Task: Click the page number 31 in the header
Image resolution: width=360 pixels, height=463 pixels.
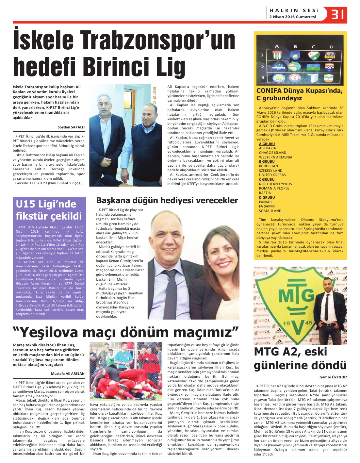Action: coord(338,14)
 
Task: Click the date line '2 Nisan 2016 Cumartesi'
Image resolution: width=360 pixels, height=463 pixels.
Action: coord(292,17)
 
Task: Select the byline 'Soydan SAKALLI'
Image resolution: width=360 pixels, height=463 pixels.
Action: coord(71,127)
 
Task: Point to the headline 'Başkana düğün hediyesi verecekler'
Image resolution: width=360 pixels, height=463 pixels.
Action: coord(167,200)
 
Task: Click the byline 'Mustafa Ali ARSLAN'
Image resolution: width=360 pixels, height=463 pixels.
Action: coord(68,373)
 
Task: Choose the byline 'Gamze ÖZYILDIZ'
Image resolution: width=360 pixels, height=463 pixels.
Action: coord(333,377)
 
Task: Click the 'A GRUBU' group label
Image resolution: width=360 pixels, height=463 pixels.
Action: coord(267,144)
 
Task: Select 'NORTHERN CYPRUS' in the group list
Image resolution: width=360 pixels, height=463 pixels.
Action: coord(275,184)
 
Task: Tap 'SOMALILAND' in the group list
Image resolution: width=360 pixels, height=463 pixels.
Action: coord(270,211)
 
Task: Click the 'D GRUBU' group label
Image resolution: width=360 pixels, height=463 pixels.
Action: coord(267,197)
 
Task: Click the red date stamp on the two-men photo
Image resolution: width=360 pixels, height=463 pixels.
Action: coord(155,95)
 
